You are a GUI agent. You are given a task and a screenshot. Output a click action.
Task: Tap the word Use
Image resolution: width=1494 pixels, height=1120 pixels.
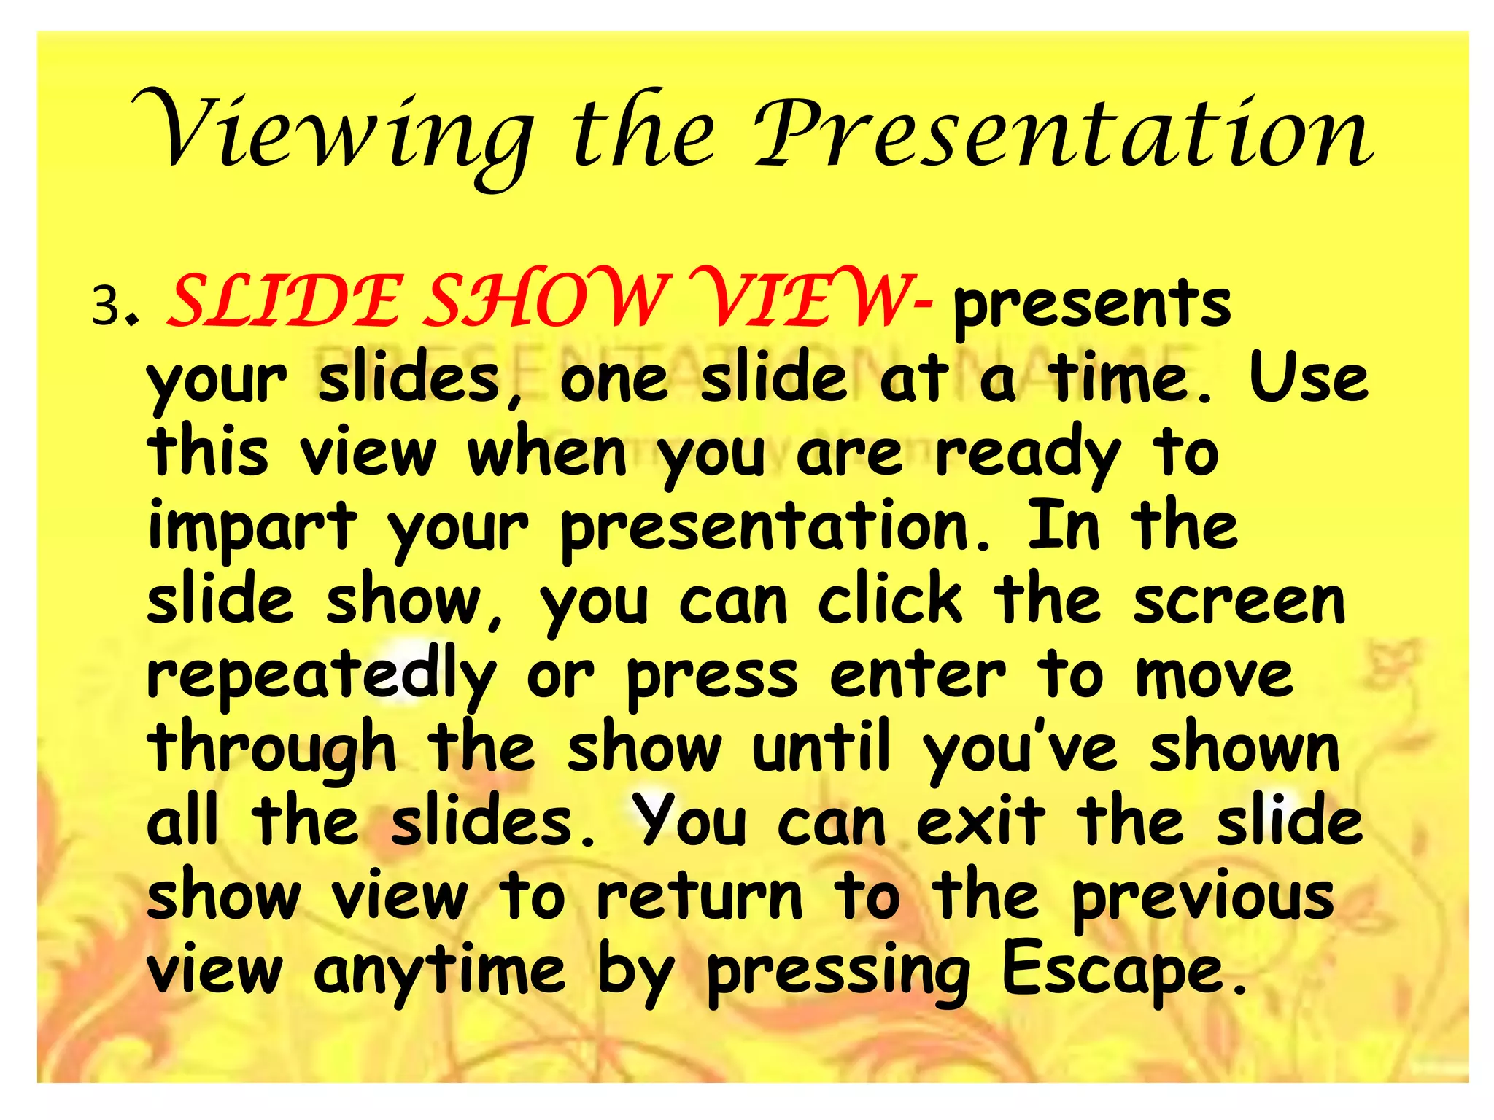tap(1309, 378)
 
